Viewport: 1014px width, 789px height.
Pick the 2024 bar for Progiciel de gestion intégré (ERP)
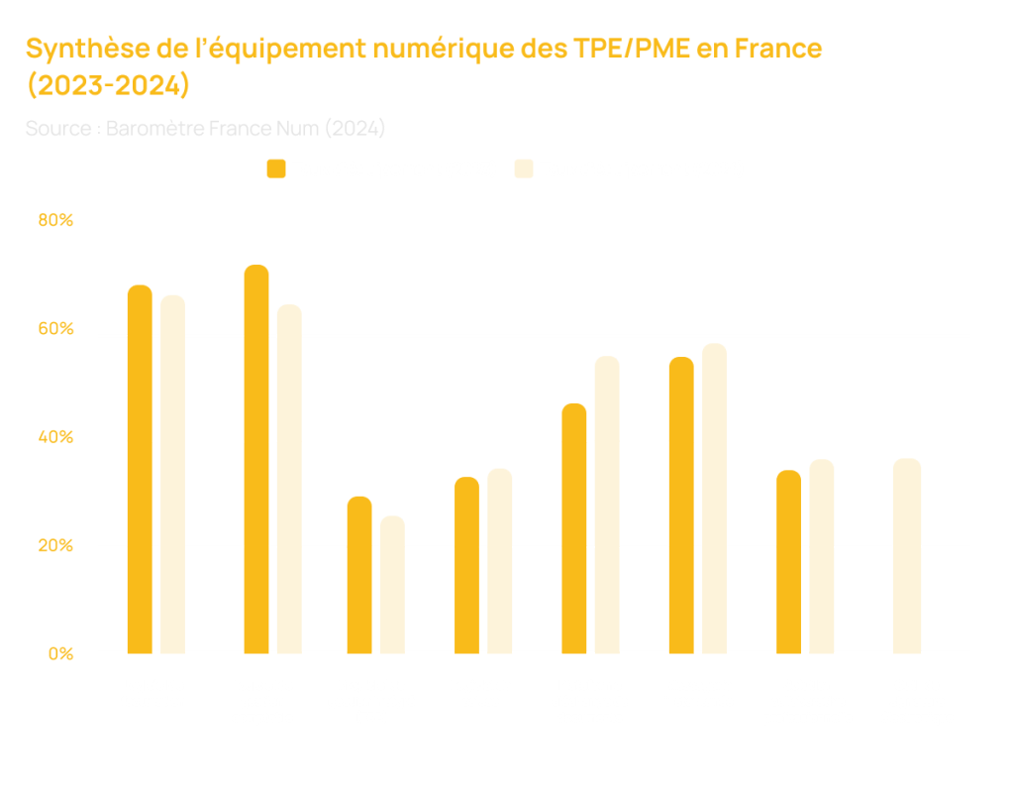click(393, 585)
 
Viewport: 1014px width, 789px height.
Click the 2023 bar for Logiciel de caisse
click(466, 565)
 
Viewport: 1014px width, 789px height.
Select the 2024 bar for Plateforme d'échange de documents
click(607, 505)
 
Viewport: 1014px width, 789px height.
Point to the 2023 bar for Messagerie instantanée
click(681, 506)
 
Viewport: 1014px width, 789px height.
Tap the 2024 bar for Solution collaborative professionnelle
click(822, 556)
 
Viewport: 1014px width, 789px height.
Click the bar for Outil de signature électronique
click(907, 556)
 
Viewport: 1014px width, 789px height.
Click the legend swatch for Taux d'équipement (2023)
click(276, 169)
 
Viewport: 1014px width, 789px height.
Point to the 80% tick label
click(55, 221)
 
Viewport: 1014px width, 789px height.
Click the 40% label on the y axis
click(55, 437)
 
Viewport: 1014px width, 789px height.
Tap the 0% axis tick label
click(58, 653)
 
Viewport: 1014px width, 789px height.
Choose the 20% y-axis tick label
click(55, 545)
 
